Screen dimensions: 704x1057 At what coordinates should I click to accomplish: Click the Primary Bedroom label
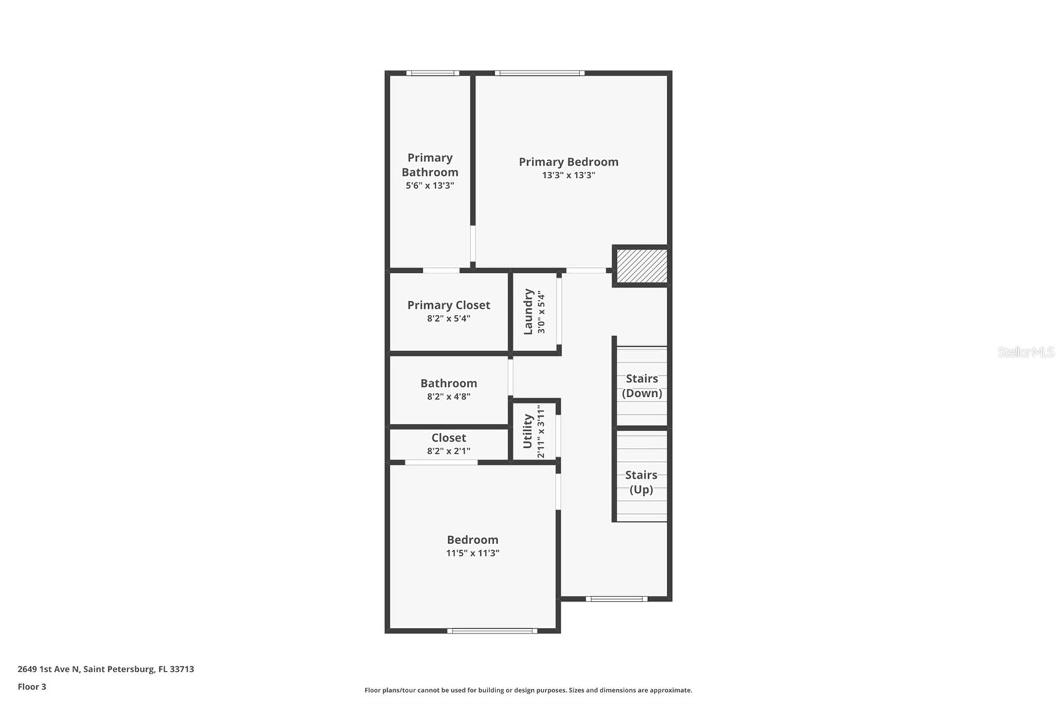point(568,162)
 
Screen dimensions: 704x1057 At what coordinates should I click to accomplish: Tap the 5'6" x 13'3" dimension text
point(429,186)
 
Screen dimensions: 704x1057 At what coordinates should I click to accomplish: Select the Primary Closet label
point(449,305)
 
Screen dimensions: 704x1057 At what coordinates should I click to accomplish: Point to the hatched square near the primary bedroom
point(641,265)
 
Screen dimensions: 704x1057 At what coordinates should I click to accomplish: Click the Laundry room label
point(528,312)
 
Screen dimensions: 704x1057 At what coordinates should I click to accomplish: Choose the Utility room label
point(528,431)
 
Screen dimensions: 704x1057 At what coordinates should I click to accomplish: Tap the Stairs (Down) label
point(641,386)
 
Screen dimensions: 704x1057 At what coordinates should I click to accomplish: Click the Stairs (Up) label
point(641,482)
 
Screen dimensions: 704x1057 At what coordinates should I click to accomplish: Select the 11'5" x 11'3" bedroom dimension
point(472,553)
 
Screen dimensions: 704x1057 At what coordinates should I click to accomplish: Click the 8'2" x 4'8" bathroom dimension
point(449,397)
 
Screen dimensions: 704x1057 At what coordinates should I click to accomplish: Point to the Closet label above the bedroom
point(449,438)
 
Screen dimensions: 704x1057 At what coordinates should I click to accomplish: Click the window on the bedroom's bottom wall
point(492,631)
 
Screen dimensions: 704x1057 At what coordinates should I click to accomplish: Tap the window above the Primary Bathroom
point(432,73)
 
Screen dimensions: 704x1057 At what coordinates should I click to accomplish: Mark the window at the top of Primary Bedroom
point(539,73)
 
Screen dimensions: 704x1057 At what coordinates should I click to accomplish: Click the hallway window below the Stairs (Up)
point(616,599)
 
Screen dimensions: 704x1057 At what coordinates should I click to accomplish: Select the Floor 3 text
point(32,687)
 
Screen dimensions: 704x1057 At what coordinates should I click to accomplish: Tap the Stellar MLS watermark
point(1025,352)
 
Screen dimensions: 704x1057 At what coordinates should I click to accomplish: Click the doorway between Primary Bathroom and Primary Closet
point(441,270)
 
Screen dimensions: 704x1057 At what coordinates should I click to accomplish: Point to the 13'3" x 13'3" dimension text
point(568,176)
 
